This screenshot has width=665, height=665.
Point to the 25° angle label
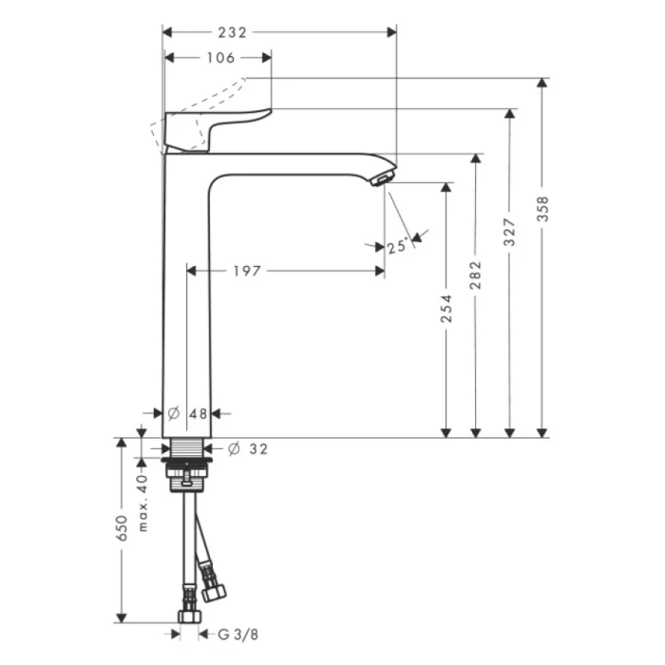coord(397,247)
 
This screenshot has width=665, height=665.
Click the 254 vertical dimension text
coord(446,310)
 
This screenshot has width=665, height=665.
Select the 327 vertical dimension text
coord(509,234)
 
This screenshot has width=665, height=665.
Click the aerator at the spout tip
coord(382,178)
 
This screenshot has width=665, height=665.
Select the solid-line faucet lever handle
coord(214,127)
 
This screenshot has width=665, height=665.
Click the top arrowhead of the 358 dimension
coord(541,84)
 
